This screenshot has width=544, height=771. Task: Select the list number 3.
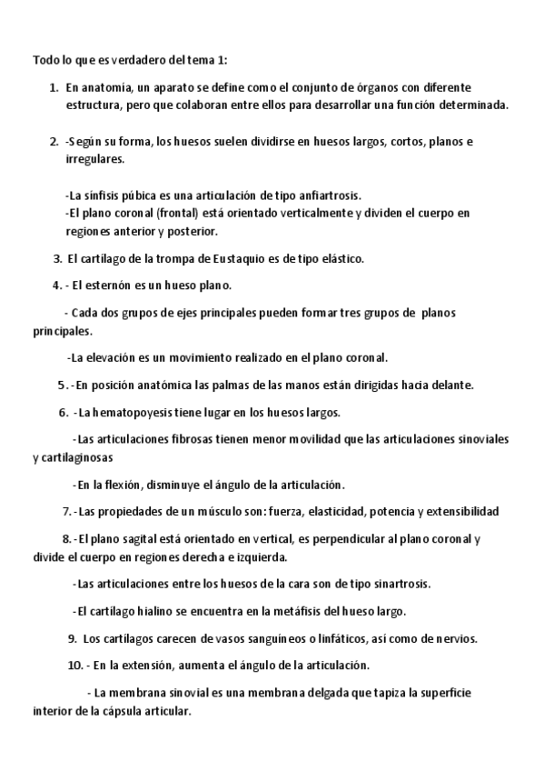(58, 258)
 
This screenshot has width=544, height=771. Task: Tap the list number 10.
(75, 665)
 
